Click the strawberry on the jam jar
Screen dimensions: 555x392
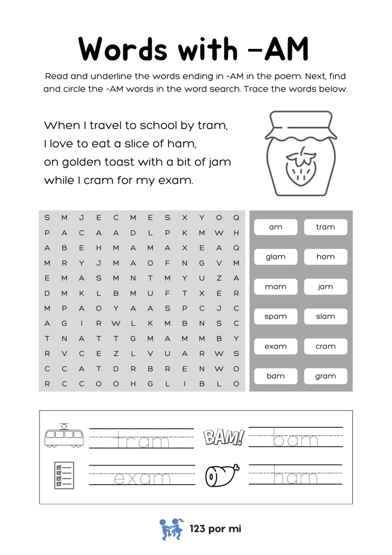click(x=301, y=167)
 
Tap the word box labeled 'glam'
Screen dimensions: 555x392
click(x=276, y=257)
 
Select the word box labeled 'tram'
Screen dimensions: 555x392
click(x=325, y=227)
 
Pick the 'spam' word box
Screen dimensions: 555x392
click(x=276, y=317)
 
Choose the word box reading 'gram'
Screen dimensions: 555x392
click(x=325, y=376)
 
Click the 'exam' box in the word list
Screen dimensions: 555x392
click(x=276, y=346)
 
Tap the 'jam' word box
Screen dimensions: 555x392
click(x=325, y=287)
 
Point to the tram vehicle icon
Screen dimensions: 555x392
click(x=64, y=435)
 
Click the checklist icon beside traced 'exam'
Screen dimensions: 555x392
click(x=64, y=475)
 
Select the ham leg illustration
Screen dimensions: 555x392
click(x=222, y=475)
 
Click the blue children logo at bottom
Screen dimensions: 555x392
click(x=172, y=529)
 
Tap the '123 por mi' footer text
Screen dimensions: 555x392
click(x=215, y=529)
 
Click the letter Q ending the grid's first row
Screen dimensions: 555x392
click(x=236, y=218)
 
